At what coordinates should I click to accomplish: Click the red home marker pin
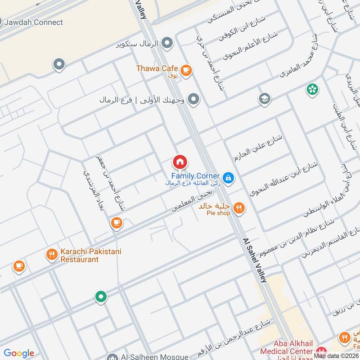point(180,162)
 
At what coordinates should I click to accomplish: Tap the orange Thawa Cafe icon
point(186,70)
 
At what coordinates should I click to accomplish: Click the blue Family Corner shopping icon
point(229,178)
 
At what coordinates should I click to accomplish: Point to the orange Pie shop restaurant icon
point(239,207)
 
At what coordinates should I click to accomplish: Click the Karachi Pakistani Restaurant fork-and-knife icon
point(52,255)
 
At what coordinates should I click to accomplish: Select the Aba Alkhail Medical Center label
point(286,351)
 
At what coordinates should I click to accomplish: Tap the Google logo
point(19,353)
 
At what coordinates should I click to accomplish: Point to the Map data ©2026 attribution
point(336,356)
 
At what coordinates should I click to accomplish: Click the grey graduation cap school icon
point(265,99)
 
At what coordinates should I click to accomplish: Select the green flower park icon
point(312,89)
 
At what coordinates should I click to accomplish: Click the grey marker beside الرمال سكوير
point(167,43)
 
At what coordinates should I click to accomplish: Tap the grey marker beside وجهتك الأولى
point(193,99)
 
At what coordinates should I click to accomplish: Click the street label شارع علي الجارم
point(258,148)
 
